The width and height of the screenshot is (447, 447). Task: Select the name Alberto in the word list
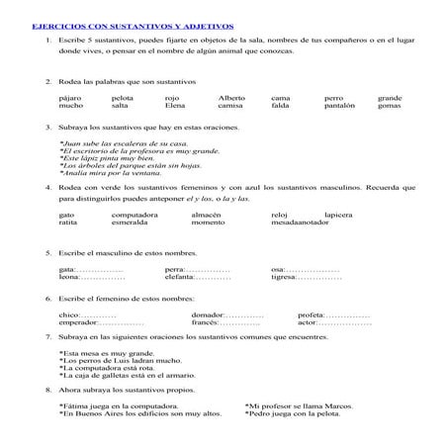coord(230,98)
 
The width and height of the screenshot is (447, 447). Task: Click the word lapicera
coord(341,214)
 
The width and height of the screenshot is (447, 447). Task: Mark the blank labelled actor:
coord(345,322)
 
